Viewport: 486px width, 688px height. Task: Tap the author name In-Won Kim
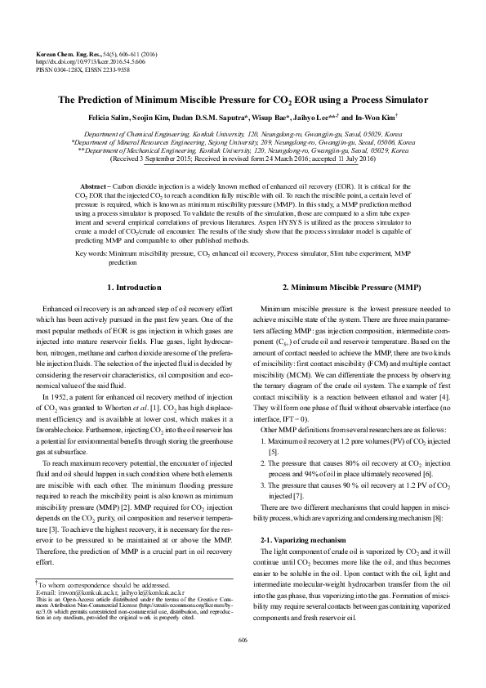point(377,118)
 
